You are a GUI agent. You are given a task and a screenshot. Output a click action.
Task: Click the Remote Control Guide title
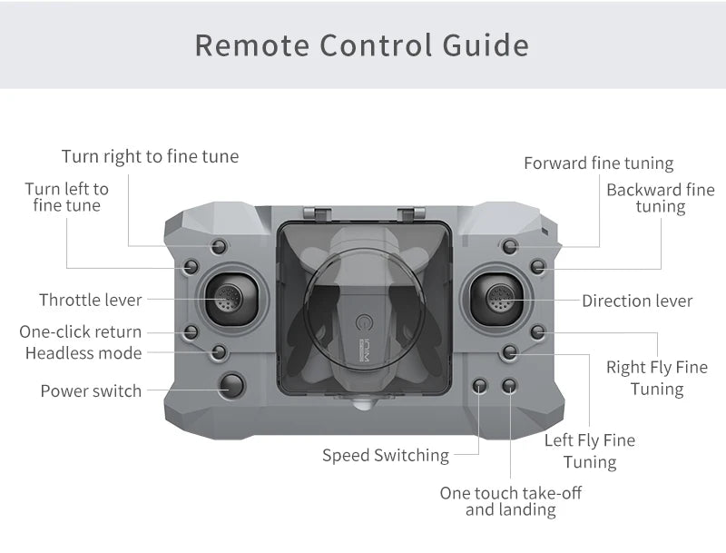pyautogui.click(x=362, y=44)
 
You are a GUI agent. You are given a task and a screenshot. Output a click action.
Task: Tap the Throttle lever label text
pyautogui.click(x=90, y=300)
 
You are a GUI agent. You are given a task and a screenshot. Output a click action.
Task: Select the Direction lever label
pyautogui.click(x=637, y=301)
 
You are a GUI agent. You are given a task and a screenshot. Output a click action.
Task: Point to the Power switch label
pyautogui.click(x=91, y=391)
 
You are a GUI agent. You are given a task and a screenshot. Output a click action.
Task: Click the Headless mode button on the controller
pyautogui.click(x=219, y=351)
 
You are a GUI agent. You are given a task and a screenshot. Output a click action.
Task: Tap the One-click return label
pyautogui.click(x=81, y=331)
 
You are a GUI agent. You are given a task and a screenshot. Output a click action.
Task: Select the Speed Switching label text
pyautogui.click(x=386, y=455)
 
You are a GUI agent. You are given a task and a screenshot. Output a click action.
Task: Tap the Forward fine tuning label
pyautogui.click(x=598, y=163)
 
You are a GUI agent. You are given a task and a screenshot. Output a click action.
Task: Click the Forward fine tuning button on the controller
pyautogui.click(x=510, y=246)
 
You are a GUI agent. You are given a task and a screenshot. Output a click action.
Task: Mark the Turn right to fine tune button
pyautogui.click(x=219, y=246)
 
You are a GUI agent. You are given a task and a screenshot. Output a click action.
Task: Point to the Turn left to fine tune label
pyautogui.click(x=66, y=197)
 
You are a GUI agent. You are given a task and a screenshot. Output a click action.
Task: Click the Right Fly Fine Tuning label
pyautogui.click(x=656, y=378)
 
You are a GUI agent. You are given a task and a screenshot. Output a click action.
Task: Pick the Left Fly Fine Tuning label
pyautogui.click(x=590, y=451)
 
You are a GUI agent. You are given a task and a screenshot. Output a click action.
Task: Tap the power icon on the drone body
pyautogui.click(x=365, y=323)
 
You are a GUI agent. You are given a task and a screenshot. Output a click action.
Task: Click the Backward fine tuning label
pyautogui.click(x=660, y=198)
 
